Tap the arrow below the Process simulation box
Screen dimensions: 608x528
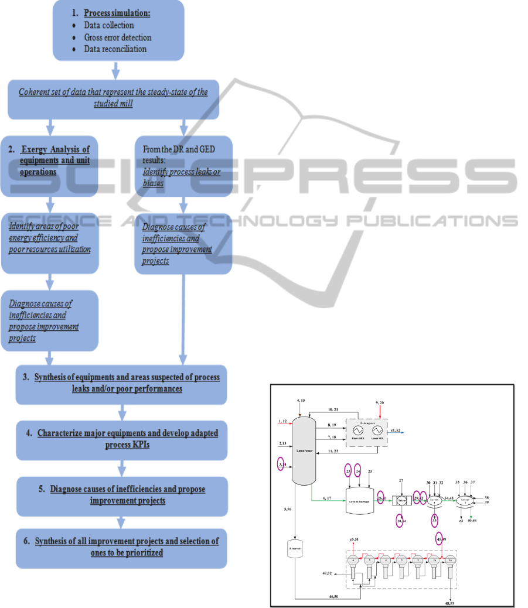(x=116, y=71)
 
